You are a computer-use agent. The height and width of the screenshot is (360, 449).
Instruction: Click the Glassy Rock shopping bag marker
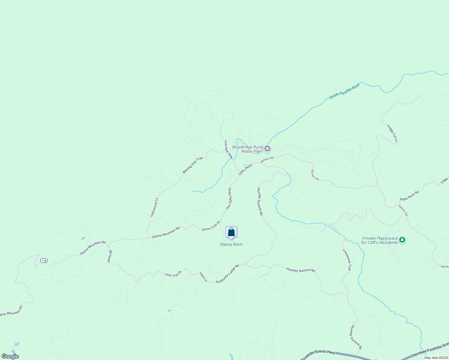click(x=231, y=232)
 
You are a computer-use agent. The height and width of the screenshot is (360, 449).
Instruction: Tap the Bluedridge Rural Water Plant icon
click(x=267, y=148)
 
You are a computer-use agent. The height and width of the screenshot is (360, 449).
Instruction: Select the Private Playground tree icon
click(x=402, y=240)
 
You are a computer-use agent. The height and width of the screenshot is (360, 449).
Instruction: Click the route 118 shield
click(x=44, y=260)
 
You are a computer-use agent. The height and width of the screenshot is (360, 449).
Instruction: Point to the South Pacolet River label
click(x=344, y=91)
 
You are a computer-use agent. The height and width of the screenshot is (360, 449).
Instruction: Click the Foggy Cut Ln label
click(x=393, y=134)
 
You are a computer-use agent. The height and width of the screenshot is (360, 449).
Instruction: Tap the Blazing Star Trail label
click(x=192, y=165)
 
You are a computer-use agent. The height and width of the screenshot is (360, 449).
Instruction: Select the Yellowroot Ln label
click(x=154, y=207)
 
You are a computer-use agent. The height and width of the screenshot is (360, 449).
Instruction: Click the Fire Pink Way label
click(x=228, y=149)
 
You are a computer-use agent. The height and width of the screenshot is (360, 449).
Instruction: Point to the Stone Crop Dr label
click(x=211, y=226)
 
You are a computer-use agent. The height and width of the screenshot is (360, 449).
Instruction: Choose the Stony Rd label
click(x=110, y=256)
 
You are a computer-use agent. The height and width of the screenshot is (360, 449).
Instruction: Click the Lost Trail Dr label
click(x=173, y=274)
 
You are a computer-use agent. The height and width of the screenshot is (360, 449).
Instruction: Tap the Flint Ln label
click(x=203, y=277)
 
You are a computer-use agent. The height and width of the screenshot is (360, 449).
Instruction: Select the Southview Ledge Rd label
click(x=227, y=274)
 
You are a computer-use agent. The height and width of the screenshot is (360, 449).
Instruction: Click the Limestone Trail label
click(x=347, y=260)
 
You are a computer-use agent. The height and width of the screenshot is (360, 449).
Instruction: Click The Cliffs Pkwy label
click(x=229, y=199)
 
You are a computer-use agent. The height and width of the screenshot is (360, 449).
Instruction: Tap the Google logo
click(x=10, y=356)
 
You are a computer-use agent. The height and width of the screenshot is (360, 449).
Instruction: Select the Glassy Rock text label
click(x=231, y=244)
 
